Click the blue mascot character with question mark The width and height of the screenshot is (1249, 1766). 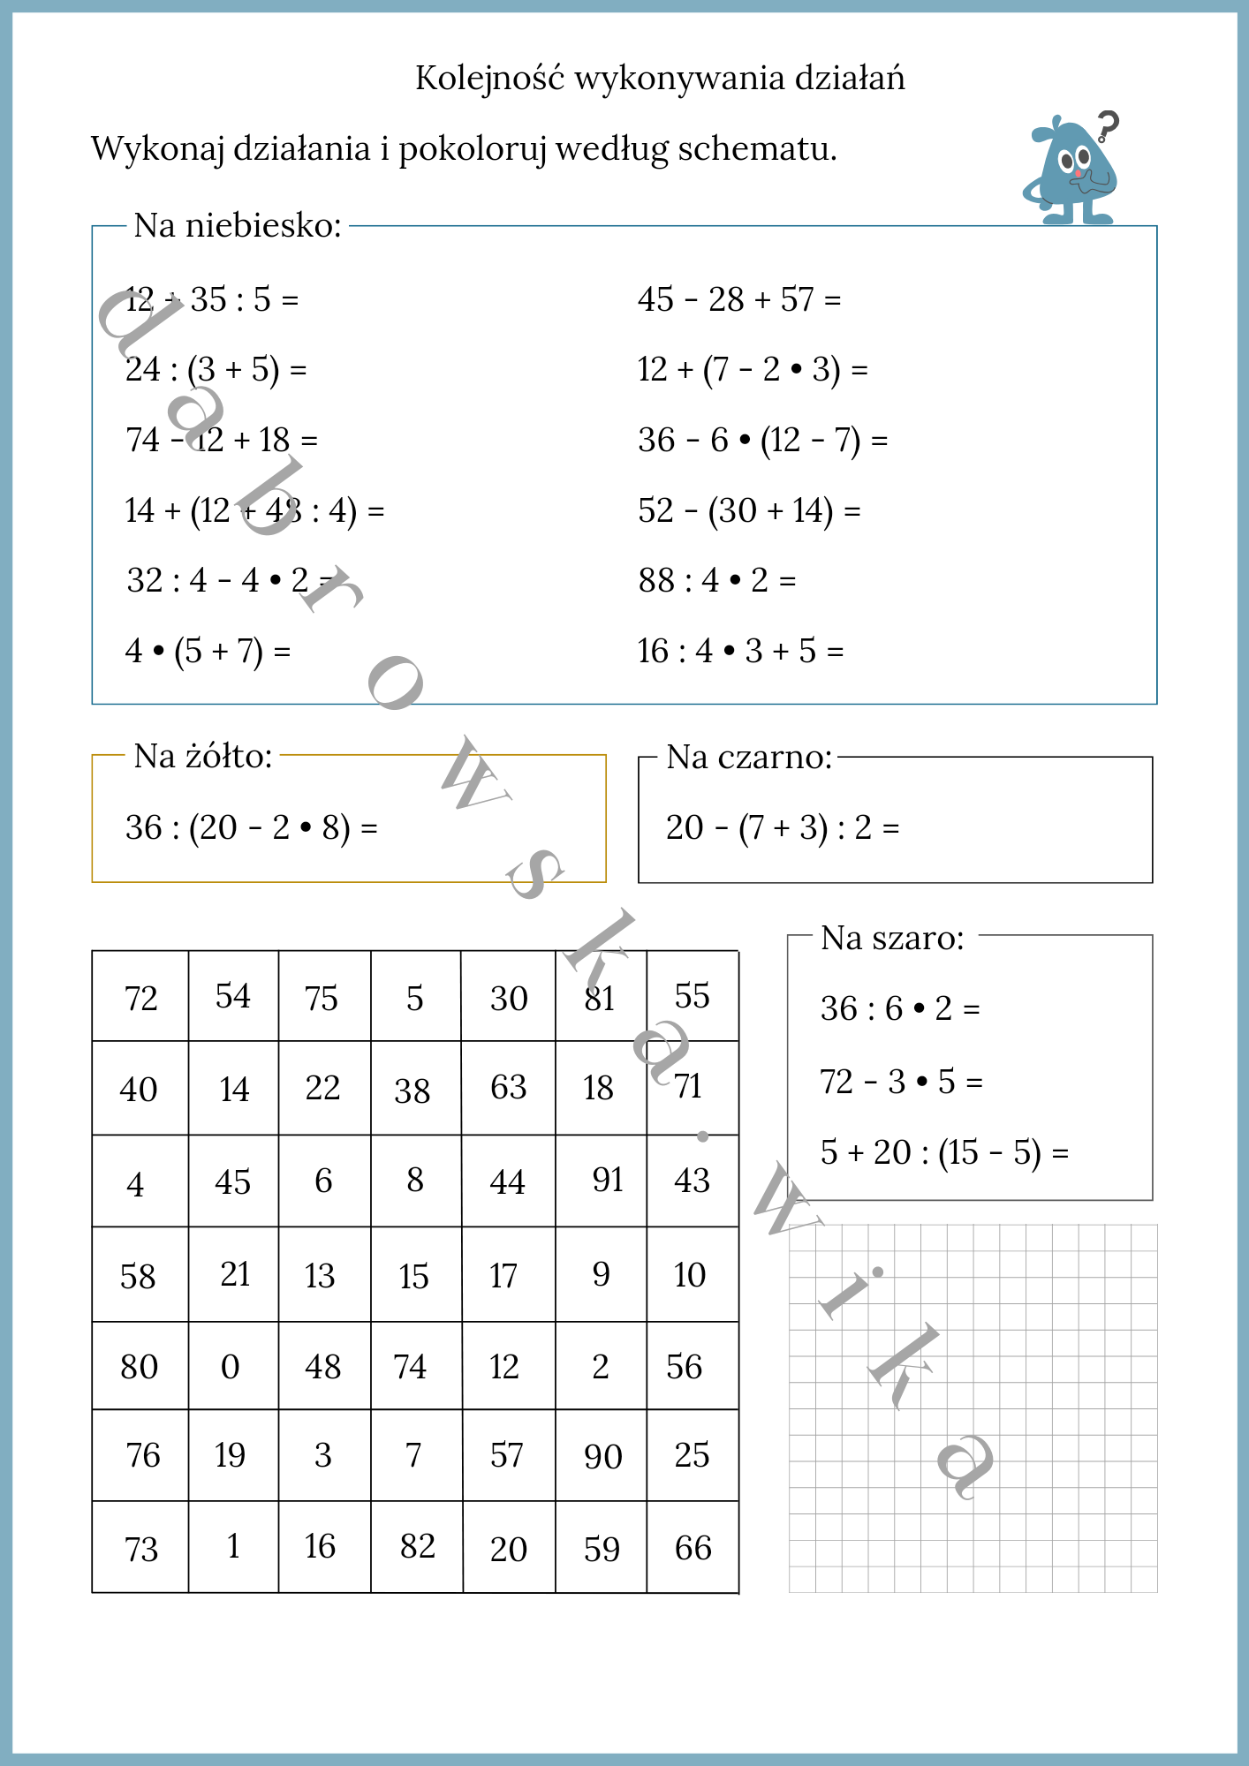point(1071,169)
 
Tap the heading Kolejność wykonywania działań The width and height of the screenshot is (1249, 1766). point(660,79)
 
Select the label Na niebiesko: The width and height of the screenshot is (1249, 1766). point(237,226)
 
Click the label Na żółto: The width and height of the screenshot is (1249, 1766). point(203,757)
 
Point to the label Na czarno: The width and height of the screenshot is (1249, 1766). point(749,758)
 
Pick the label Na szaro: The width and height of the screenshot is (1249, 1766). point(892,939)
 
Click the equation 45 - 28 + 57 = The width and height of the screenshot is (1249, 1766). point(738,300)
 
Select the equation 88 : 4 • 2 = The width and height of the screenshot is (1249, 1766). point(716,581)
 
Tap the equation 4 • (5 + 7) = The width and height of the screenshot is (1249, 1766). point(208,652)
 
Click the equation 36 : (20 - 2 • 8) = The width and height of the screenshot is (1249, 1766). point(251,828)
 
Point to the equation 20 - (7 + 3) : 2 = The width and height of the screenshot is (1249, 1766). point(782,828)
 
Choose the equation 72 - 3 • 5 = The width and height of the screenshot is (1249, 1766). point(901,1082)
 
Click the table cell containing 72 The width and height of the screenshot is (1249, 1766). point(140,998)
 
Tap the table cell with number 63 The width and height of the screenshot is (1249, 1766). point(509,1088)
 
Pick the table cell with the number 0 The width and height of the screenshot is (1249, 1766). point(231,1367)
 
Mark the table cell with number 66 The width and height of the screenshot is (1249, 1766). point(693,1548)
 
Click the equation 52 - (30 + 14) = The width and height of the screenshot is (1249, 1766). point(749,511)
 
